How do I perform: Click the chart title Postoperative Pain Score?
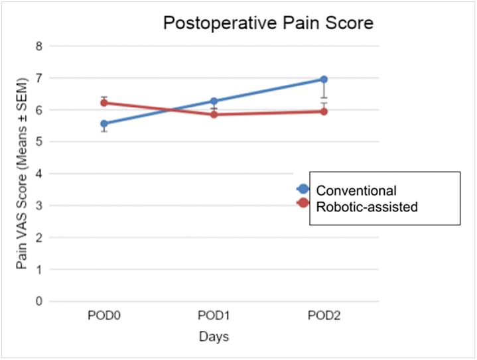(x=269, y=24)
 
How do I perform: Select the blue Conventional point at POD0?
(x=104, y=123)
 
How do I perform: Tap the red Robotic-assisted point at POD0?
(x=104, y=103)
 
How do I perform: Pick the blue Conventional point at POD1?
(x=214, y=101)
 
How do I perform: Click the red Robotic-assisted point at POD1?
(x=214, y=114)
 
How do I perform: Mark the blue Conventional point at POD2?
(x=324, y=79)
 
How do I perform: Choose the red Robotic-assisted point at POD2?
(x=324, y=111)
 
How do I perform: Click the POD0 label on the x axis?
(x=104, y=314)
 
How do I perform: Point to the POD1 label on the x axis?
(x=214, y=314)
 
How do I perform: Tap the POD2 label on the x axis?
(x=324, y=314)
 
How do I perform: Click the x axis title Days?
(x=214, y=337)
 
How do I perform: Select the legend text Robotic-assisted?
(x=367, y=207)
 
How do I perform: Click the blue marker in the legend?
(x=303, y=189)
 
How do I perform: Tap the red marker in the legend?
(x=303, y=203)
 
